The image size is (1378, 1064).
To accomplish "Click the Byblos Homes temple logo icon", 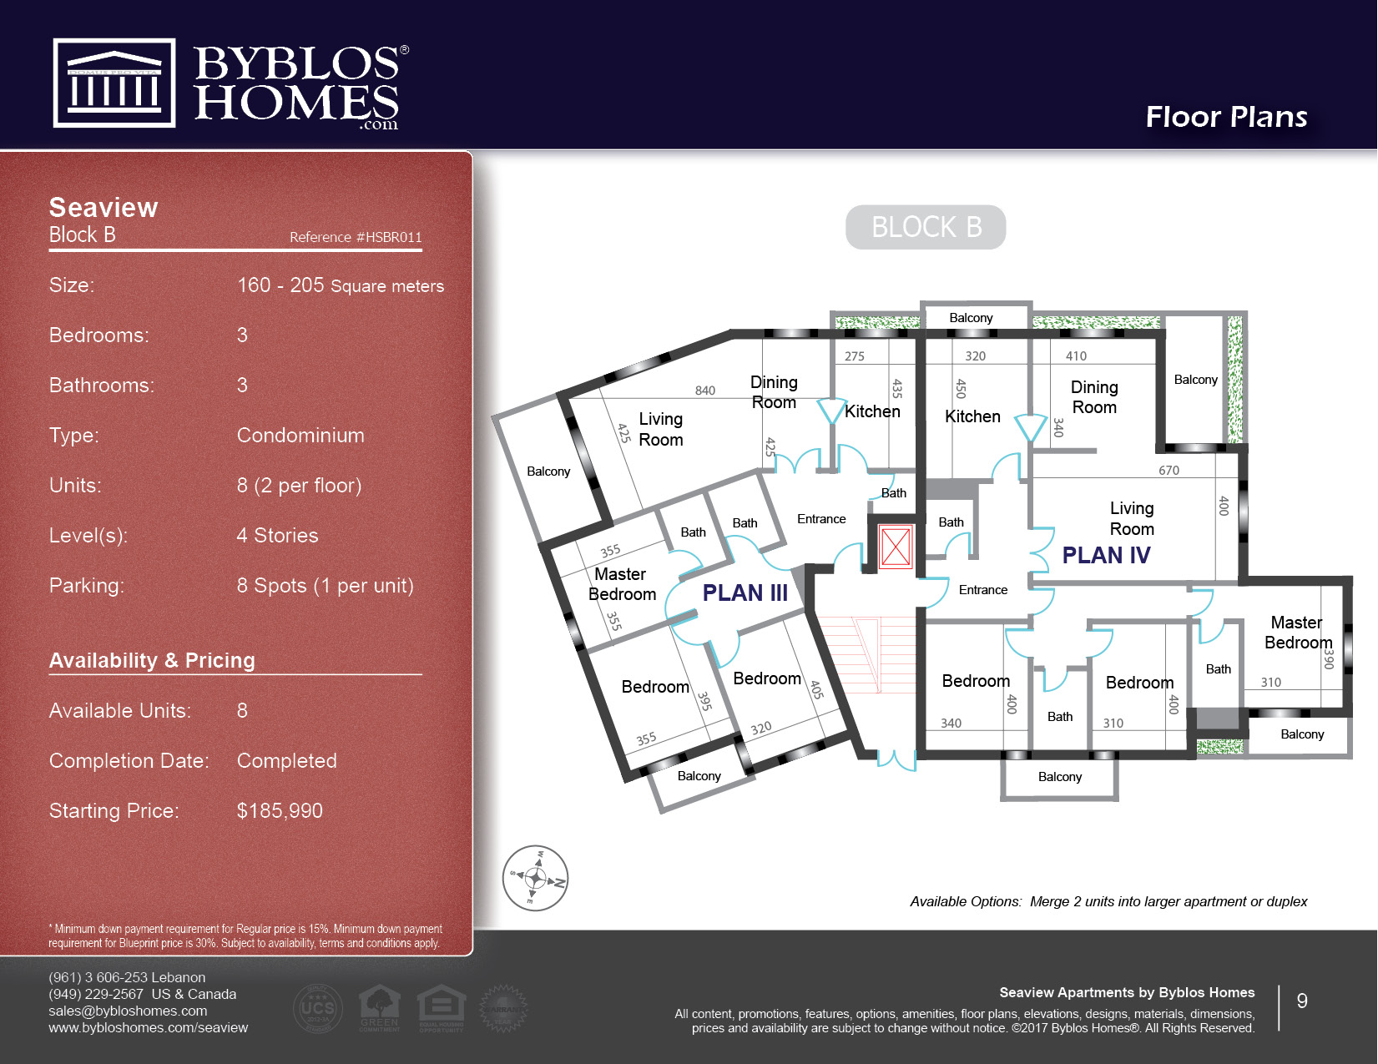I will (x=114, y=83).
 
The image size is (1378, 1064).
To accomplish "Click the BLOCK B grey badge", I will (x=926, y=227).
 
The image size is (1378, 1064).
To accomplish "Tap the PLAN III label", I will (x=745, y=593).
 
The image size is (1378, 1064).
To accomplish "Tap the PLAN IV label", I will (x=1106, y=556).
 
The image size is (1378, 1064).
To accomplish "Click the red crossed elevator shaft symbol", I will (x=896, y=547).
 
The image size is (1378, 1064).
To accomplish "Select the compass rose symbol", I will (x=535, y=878).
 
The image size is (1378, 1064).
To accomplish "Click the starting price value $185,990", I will (x=280, y=811).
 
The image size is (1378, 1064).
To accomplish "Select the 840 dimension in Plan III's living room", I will (x=705, y=391).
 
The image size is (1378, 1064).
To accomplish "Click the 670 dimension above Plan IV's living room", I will (x=1169, y=471).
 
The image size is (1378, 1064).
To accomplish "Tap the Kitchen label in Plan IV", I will (x=972, y=416).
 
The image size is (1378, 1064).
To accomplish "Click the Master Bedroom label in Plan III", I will (x=622, y=584).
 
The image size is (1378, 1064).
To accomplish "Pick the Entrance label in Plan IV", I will (x=982, y=590).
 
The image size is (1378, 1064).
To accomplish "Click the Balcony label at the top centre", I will (x=971, y=318).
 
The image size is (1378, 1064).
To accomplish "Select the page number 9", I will (x=1301, y=1001).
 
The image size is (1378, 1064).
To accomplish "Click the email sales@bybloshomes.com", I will (x=128, y=1011).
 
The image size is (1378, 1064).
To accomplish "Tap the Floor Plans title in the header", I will (x=1226, y=117).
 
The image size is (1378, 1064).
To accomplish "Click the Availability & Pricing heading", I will (x=152, y=661).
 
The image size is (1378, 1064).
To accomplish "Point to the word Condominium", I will (x=300, y=436).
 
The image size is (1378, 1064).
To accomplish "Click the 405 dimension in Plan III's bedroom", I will (x=816, y=689).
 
